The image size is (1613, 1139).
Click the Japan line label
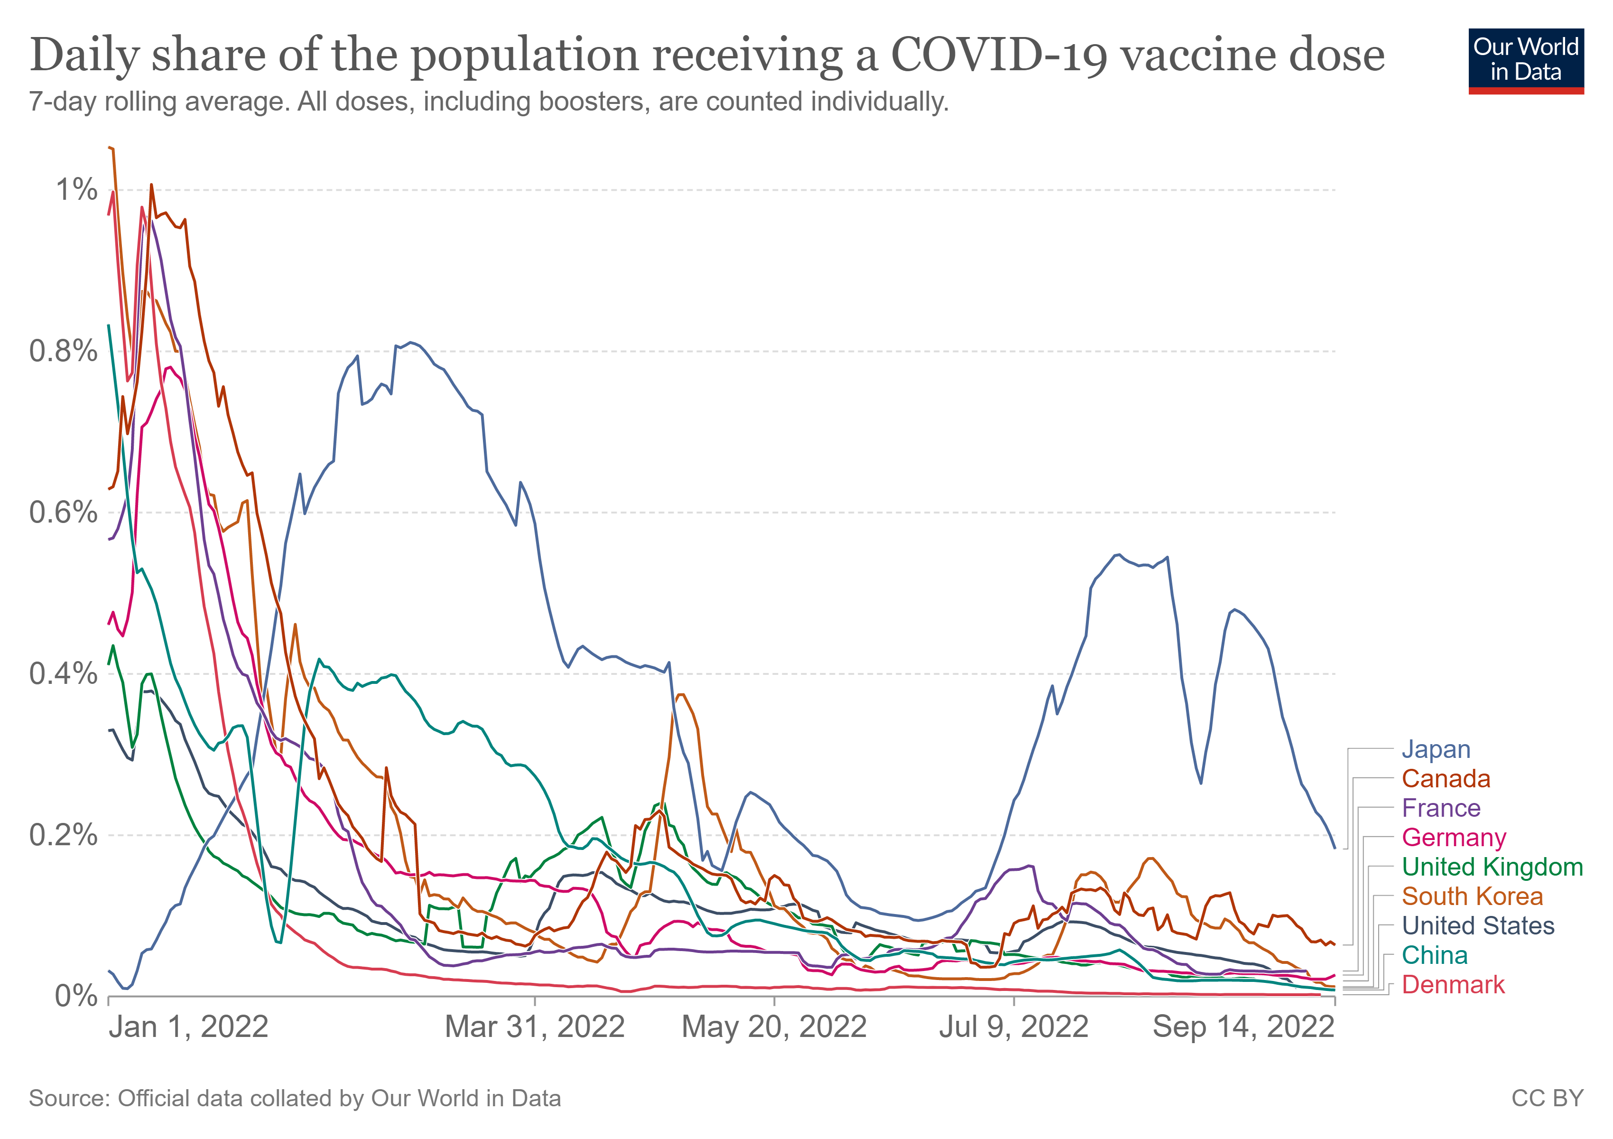click(x=1436, y=750)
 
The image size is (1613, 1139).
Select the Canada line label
click(x=1446, y=779)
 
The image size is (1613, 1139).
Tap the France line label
click(x=1441, y=808)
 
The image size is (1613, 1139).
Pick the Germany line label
click(x=1454, y=838)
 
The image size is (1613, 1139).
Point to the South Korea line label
click(x=1473, y=896)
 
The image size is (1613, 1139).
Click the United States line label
click(x=1478, y=926)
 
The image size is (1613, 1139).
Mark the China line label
click(x=1435, y=956)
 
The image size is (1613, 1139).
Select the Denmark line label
click(x=1453, y=985)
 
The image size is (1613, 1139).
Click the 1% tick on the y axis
click(x=76, y=190)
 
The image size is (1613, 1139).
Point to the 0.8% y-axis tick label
click(x=63, y=351)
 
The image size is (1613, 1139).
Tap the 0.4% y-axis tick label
click(x=63, y=674)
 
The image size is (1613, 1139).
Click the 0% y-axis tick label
click(x=76, y=996)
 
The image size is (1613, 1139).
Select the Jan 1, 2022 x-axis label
click(x=188, y=1027)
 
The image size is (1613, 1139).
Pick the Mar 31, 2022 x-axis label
click(x=535, y=1027)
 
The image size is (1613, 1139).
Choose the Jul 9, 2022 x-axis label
click(x=1014, y=1027)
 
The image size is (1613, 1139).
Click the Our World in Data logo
click(x=1526, y=61)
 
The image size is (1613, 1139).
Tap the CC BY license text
click(x=1548, y=1098)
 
